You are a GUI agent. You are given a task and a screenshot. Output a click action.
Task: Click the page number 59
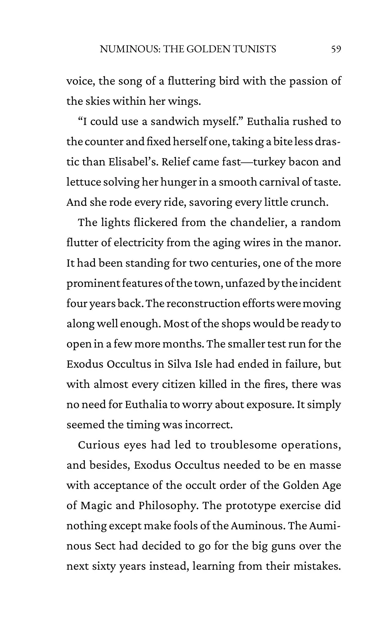pyautogui.click(x=336, y=49)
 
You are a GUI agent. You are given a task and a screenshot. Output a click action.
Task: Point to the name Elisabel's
pyautogui.click(x=132, y=162)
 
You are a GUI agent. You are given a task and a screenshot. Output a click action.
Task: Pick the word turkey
pyautogui.click(x=269, y=162)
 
